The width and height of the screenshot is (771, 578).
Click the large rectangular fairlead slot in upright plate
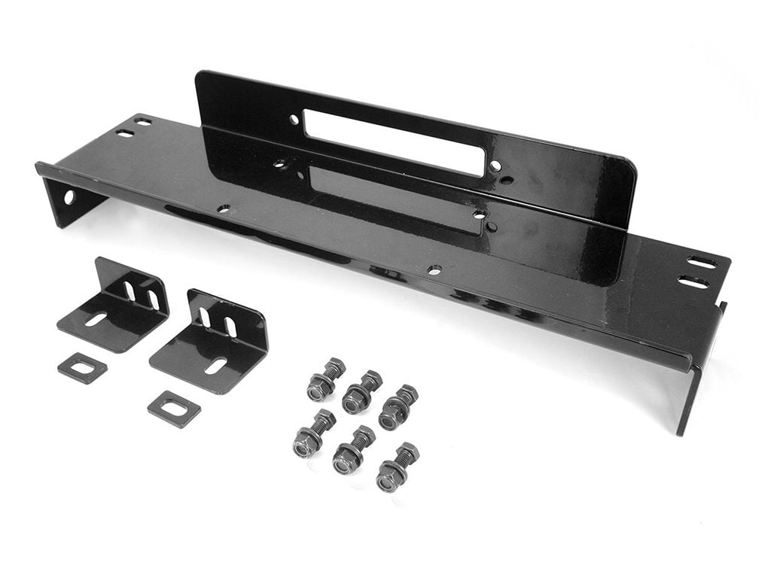[394, 142]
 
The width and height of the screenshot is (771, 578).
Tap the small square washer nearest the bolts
[174, 409]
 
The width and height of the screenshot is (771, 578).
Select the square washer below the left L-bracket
[82, 367]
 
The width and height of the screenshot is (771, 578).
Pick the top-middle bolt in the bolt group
[361, 391]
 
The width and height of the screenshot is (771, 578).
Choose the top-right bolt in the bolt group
[398, 407]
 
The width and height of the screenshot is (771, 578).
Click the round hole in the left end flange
[69, 197]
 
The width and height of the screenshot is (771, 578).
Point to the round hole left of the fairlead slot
[294, 120]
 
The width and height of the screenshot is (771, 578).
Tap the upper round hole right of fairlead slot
[495, 166]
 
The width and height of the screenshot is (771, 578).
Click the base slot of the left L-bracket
[96, 319]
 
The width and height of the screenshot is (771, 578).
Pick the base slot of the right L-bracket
[215, 366]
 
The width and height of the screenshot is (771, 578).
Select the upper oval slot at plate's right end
[702, 263]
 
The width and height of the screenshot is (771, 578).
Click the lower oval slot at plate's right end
[693, 282]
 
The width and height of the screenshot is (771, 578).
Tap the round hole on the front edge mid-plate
[434, 269]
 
